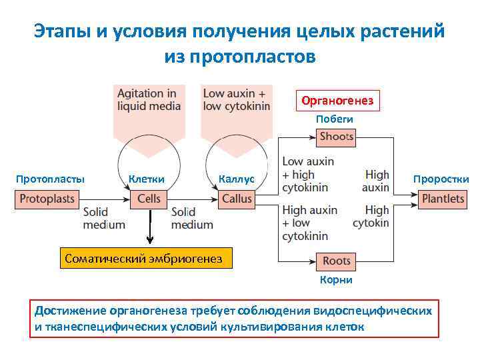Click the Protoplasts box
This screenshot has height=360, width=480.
46,199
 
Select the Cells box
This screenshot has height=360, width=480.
149,199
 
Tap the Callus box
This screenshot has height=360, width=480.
237,199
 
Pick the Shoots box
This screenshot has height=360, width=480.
336,137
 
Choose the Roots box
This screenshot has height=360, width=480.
336,261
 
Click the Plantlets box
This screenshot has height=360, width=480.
443,199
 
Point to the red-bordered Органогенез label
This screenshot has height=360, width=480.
339,101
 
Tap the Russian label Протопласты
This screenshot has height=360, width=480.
50,179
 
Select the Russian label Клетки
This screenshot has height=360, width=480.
147,179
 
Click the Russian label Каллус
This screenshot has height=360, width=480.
236,179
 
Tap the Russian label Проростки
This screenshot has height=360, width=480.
441,179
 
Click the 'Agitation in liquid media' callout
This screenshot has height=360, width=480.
147,100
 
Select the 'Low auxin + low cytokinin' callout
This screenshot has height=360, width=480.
236,100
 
